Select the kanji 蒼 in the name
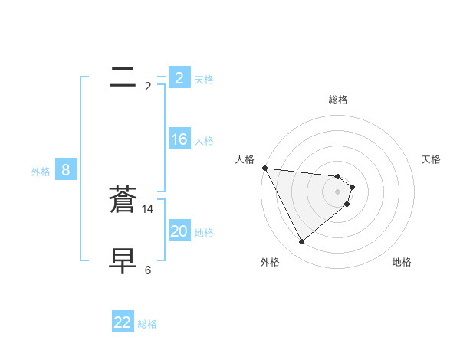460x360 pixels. [x=123, y=200]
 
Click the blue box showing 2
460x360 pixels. [x=179, y=77]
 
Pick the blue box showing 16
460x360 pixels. [x=179, y=139]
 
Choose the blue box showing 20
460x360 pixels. [x=179, y=231]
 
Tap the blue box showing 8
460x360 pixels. [x=65, y=170]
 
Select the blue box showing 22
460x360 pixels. [x=123, y=322]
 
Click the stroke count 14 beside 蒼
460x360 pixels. [x=148, y=208]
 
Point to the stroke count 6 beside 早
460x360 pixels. [x=148, y=270]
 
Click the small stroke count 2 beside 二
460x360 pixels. [x=148, y=87]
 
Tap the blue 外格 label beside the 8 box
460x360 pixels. [x=41, y=172]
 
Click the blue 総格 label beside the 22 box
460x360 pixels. [x=147, y=324]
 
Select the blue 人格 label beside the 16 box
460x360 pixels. [x=204, y=141]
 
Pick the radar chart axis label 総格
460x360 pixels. [x=338, y=100]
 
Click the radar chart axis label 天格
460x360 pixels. [x=432, y=159]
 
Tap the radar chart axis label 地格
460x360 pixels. [x=402, y=262]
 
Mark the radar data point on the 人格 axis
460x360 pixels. [x=264, y=168]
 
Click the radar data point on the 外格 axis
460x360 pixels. [x=301, y=242]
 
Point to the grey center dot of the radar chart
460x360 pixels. [x=338, y=191]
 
